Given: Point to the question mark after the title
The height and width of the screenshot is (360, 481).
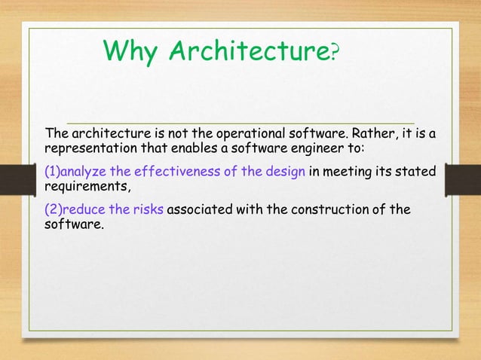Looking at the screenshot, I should pyautogui.click(x=335, y=51).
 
